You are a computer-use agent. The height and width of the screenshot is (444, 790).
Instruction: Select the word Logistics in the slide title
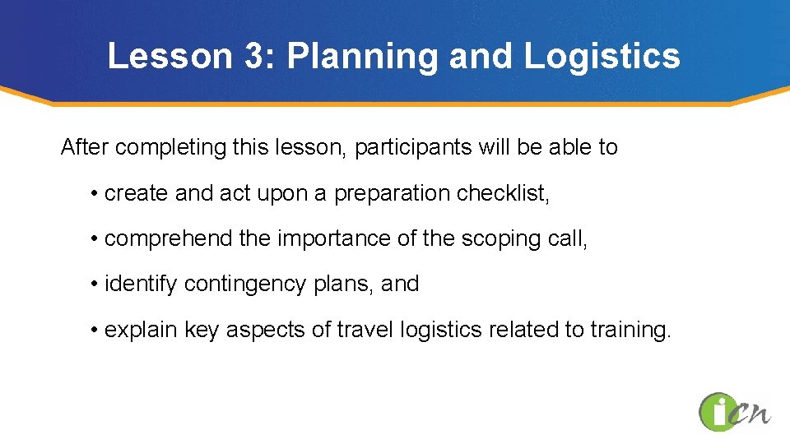click(602, 56)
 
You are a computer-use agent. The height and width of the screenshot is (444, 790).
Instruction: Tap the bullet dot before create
click(95, 194)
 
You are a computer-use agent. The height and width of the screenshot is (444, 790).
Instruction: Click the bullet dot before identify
click(95, 284)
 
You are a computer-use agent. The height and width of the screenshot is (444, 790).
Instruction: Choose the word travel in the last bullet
click(368, 330)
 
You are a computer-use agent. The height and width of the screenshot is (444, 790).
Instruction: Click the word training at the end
click(630, 330)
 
